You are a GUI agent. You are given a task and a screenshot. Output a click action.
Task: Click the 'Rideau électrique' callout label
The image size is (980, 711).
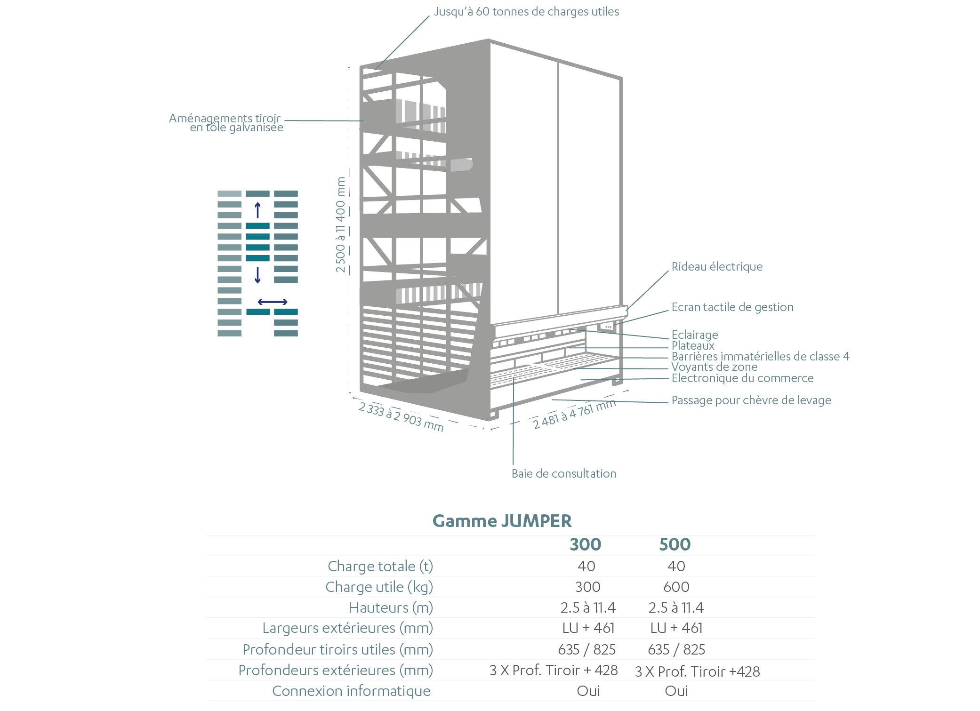click(717, 267)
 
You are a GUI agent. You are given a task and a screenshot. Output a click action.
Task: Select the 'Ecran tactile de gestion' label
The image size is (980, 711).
click(732, 307)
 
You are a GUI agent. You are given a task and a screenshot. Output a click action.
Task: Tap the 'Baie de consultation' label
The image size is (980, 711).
click(564, 473)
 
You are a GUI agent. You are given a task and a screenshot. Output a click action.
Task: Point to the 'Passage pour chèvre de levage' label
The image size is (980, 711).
click(751, 400)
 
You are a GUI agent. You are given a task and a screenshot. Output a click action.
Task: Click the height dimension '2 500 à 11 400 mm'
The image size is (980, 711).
click(340, 224)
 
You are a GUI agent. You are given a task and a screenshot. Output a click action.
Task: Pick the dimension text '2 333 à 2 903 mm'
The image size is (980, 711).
click(401, 416)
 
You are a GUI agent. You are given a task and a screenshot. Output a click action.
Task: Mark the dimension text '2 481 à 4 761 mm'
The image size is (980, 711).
click(574, 414)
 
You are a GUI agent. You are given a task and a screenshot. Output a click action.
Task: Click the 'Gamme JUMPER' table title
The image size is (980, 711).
click(502, 521)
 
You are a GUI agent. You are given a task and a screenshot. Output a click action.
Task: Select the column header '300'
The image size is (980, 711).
click(586, 544)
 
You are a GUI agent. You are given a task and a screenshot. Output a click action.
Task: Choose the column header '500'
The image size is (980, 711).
click(675, 544)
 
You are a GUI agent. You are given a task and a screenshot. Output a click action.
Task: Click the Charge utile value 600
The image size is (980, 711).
click(676, 587)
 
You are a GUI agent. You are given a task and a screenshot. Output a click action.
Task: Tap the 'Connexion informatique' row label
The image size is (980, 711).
click(351, 691)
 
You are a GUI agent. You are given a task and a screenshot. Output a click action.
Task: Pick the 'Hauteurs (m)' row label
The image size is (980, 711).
click(391, 607)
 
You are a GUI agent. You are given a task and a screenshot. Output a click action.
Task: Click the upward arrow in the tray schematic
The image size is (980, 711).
click(257, 210)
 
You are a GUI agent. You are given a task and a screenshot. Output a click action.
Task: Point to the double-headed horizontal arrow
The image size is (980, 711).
click(273, 302)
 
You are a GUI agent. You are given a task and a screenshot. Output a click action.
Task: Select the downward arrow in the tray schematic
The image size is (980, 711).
click(257, 275)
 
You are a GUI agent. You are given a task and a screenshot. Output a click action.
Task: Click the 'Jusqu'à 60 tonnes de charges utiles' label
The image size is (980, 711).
click(526, 12)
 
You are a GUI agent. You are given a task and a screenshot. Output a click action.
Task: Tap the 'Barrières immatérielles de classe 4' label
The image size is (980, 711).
click(760, 357)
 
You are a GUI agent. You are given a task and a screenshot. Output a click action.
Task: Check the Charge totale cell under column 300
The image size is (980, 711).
click(586, 566)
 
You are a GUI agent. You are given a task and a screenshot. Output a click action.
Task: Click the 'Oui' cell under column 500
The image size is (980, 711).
click(676, 691)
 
